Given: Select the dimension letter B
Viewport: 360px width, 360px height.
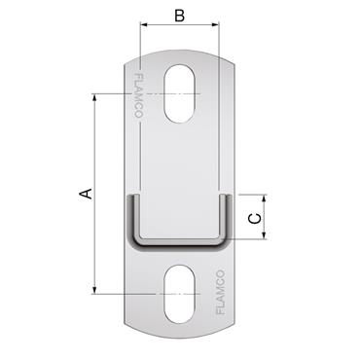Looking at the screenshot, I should [x=178, y=16].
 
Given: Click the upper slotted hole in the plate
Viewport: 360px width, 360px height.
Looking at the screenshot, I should [x=179, y=94].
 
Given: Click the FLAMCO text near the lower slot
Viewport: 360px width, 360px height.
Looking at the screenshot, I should [x=220, y=293].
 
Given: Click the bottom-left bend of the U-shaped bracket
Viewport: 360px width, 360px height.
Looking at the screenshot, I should [x=132, y=242].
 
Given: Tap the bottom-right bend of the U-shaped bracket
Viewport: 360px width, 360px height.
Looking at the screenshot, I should [x=226, y=242].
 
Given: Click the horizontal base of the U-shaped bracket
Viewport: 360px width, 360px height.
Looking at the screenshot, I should [x=179, y=246].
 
